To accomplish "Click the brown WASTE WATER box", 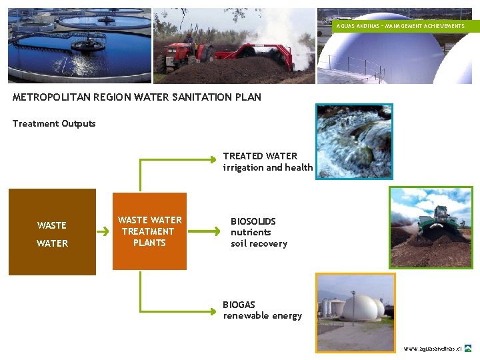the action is (x=52, y=232).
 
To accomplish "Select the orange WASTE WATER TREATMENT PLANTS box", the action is (x=149, y=231).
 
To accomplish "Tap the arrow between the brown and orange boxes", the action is (x=103, y=232).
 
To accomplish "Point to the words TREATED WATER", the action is (x=260, y=156).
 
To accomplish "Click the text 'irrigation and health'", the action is (x=268, y=167).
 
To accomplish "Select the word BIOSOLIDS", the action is (x=253, y=221).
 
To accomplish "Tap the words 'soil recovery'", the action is (x=259, y=243).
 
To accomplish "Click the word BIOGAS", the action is (x=239, y=305).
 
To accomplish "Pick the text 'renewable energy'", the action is (x=263, y=315).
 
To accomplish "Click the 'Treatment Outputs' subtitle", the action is (x=54, y=123).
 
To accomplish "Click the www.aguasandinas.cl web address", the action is (x=433, y=349).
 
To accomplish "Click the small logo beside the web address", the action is (x=468, y=348).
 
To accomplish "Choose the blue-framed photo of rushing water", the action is (x=354, y=141).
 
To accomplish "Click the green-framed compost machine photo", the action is (x=431, y=227).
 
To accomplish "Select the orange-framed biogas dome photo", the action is (x=355, y=312).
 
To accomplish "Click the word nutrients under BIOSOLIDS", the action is (x=251, y=232).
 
